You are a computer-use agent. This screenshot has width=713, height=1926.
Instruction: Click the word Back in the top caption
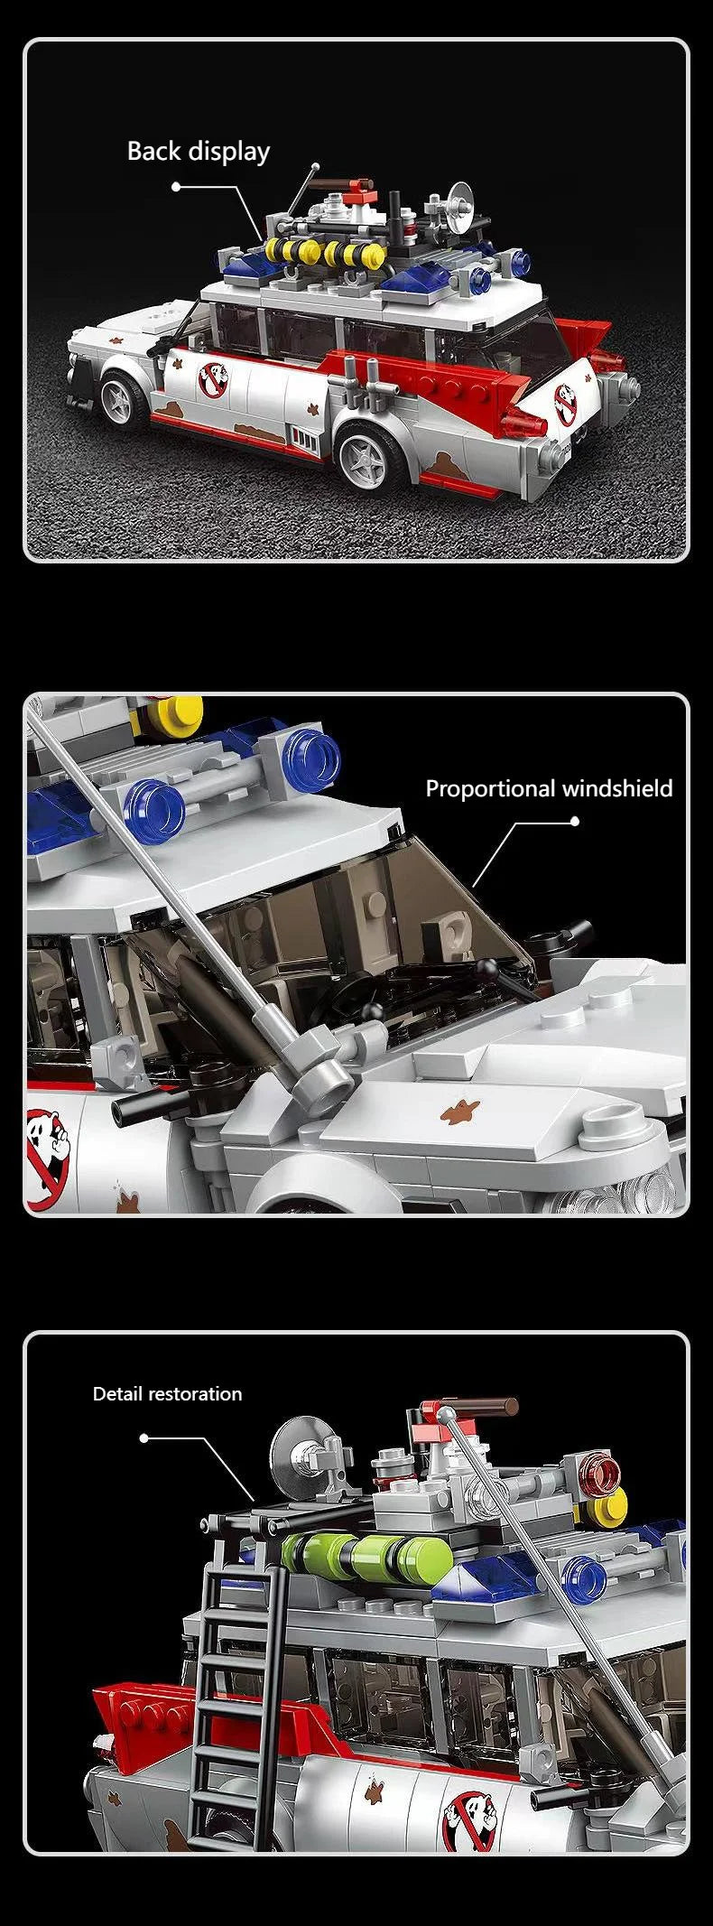pyautogui.click(x=153, y=151)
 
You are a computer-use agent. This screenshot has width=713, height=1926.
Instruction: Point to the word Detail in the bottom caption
pyautogui.click(x=119, y=1393)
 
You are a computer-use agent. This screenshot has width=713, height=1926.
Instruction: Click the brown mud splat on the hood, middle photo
pyautogui.click(x=460, y=1112)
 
